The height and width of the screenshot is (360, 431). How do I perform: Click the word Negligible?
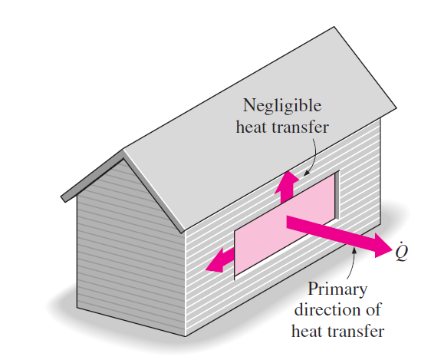pos(282,106)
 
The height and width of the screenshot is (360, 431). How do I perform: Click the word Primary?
pos(337,289)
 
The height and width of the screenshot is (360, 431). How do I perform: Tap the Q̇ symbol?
pos(402,251)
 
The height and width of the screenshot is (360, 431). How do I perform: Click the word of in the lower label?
pos(373,309)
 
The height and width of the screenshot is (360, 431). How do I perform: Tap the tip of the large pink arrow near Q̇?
pos(392,249)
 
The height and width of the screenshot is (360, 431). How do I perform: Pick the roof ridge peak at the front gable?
pos(123,150)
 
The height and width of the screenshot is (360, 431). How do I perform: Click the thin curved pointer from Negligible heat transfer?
pos(313,157)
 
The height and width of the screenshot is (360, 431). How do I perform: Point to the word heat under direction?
pos(307,331)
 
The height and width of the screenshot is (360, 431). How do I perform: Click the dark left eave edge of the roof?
pos(92,176)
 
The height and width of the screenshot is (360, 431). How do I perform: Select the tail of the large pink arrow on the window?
pos(287,222)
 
